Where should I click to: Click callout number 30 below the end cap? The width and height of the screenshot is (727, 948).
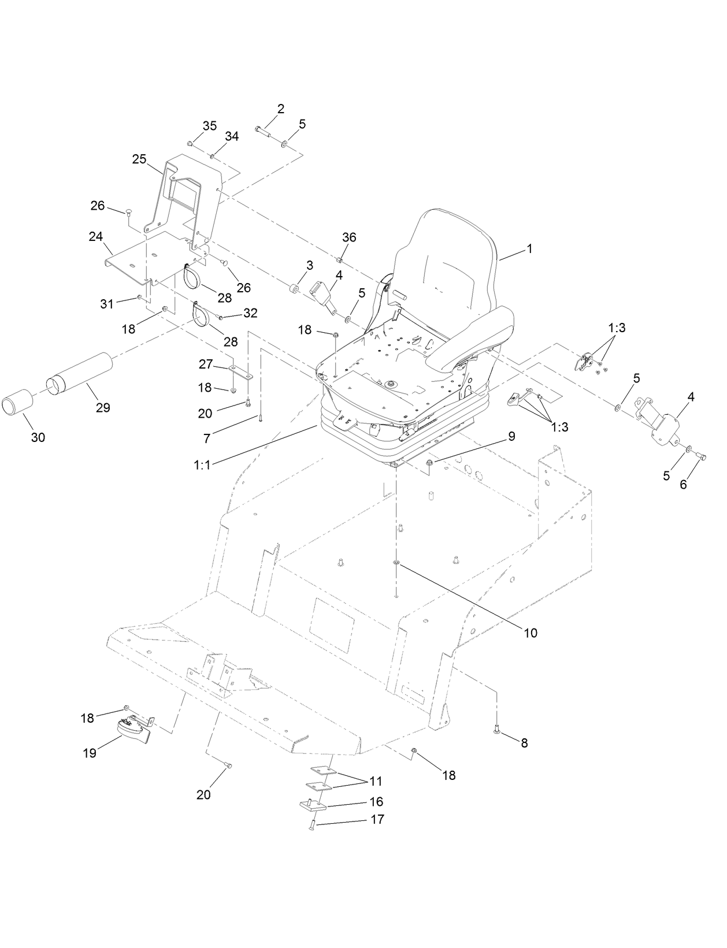38,437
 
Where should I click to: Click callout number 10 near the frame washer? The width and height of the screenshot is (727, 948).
531,633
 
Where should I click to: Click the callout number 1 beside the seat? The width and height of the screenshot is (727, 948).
529,249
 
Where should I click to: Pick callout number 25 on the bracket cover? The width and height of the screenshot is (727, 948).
139,159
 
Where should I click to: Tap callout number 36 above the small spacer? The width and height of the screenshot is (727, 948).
349,237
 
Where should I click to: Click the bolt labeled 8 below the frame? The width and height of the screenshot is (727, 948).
497,731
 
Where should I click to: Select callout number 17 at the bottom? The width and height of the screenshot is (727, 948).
377,819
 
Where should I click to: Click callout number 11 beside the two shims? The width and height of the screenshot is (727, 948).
376,782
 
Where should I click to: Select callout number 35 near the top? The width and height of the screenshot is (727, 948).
209,126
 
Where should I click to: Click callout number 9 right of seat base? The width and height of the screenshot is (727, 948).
511,437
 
